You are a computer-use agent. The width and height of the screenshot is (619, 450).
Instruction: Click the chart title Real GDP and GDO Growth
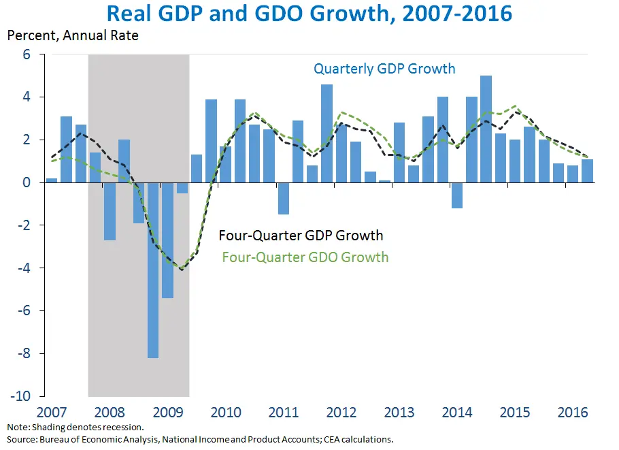309,14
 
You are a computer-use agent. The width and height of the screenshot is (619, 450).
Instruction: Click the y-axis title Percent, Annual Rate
73,35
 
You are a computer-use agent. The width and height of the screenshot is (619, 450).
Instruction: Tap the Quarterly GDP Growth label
384,69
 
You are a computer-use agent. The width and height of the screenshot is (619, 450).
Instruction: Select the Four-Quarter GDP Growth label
301,236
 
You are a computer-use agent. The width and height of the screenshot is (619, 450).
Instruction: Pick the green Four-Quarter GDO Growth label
305,257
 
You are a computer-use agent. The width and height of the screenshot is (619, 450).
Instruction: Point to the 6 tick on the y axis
27,54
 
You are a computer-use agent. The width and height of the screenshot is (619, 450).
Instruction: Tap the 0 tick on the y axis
27,182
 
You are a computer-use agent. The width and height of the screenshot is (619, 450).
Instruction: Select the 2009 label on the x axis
167,413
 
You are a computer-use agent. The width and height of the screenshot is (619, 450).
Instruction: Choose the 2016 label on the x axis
572,413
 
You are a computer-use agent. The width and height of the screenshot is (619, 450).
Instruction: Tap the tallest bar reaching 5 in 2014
486,129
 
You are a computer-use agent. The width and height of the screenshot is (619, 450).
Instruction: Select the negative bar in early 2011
283,198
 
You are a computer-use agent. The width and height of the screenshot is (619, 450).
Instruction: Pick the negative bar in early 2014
456,195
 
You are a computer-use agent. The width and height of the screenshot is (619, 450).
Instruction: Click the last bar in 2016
587,171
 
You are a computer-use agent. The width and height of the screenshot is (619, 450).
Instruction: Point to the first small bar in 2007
52,180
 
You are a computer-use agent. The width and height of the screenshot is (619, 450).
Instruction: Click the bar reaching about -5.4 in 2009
167,240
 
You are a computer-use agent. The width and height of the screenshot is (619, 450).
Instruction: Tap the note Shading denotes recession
76,428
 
